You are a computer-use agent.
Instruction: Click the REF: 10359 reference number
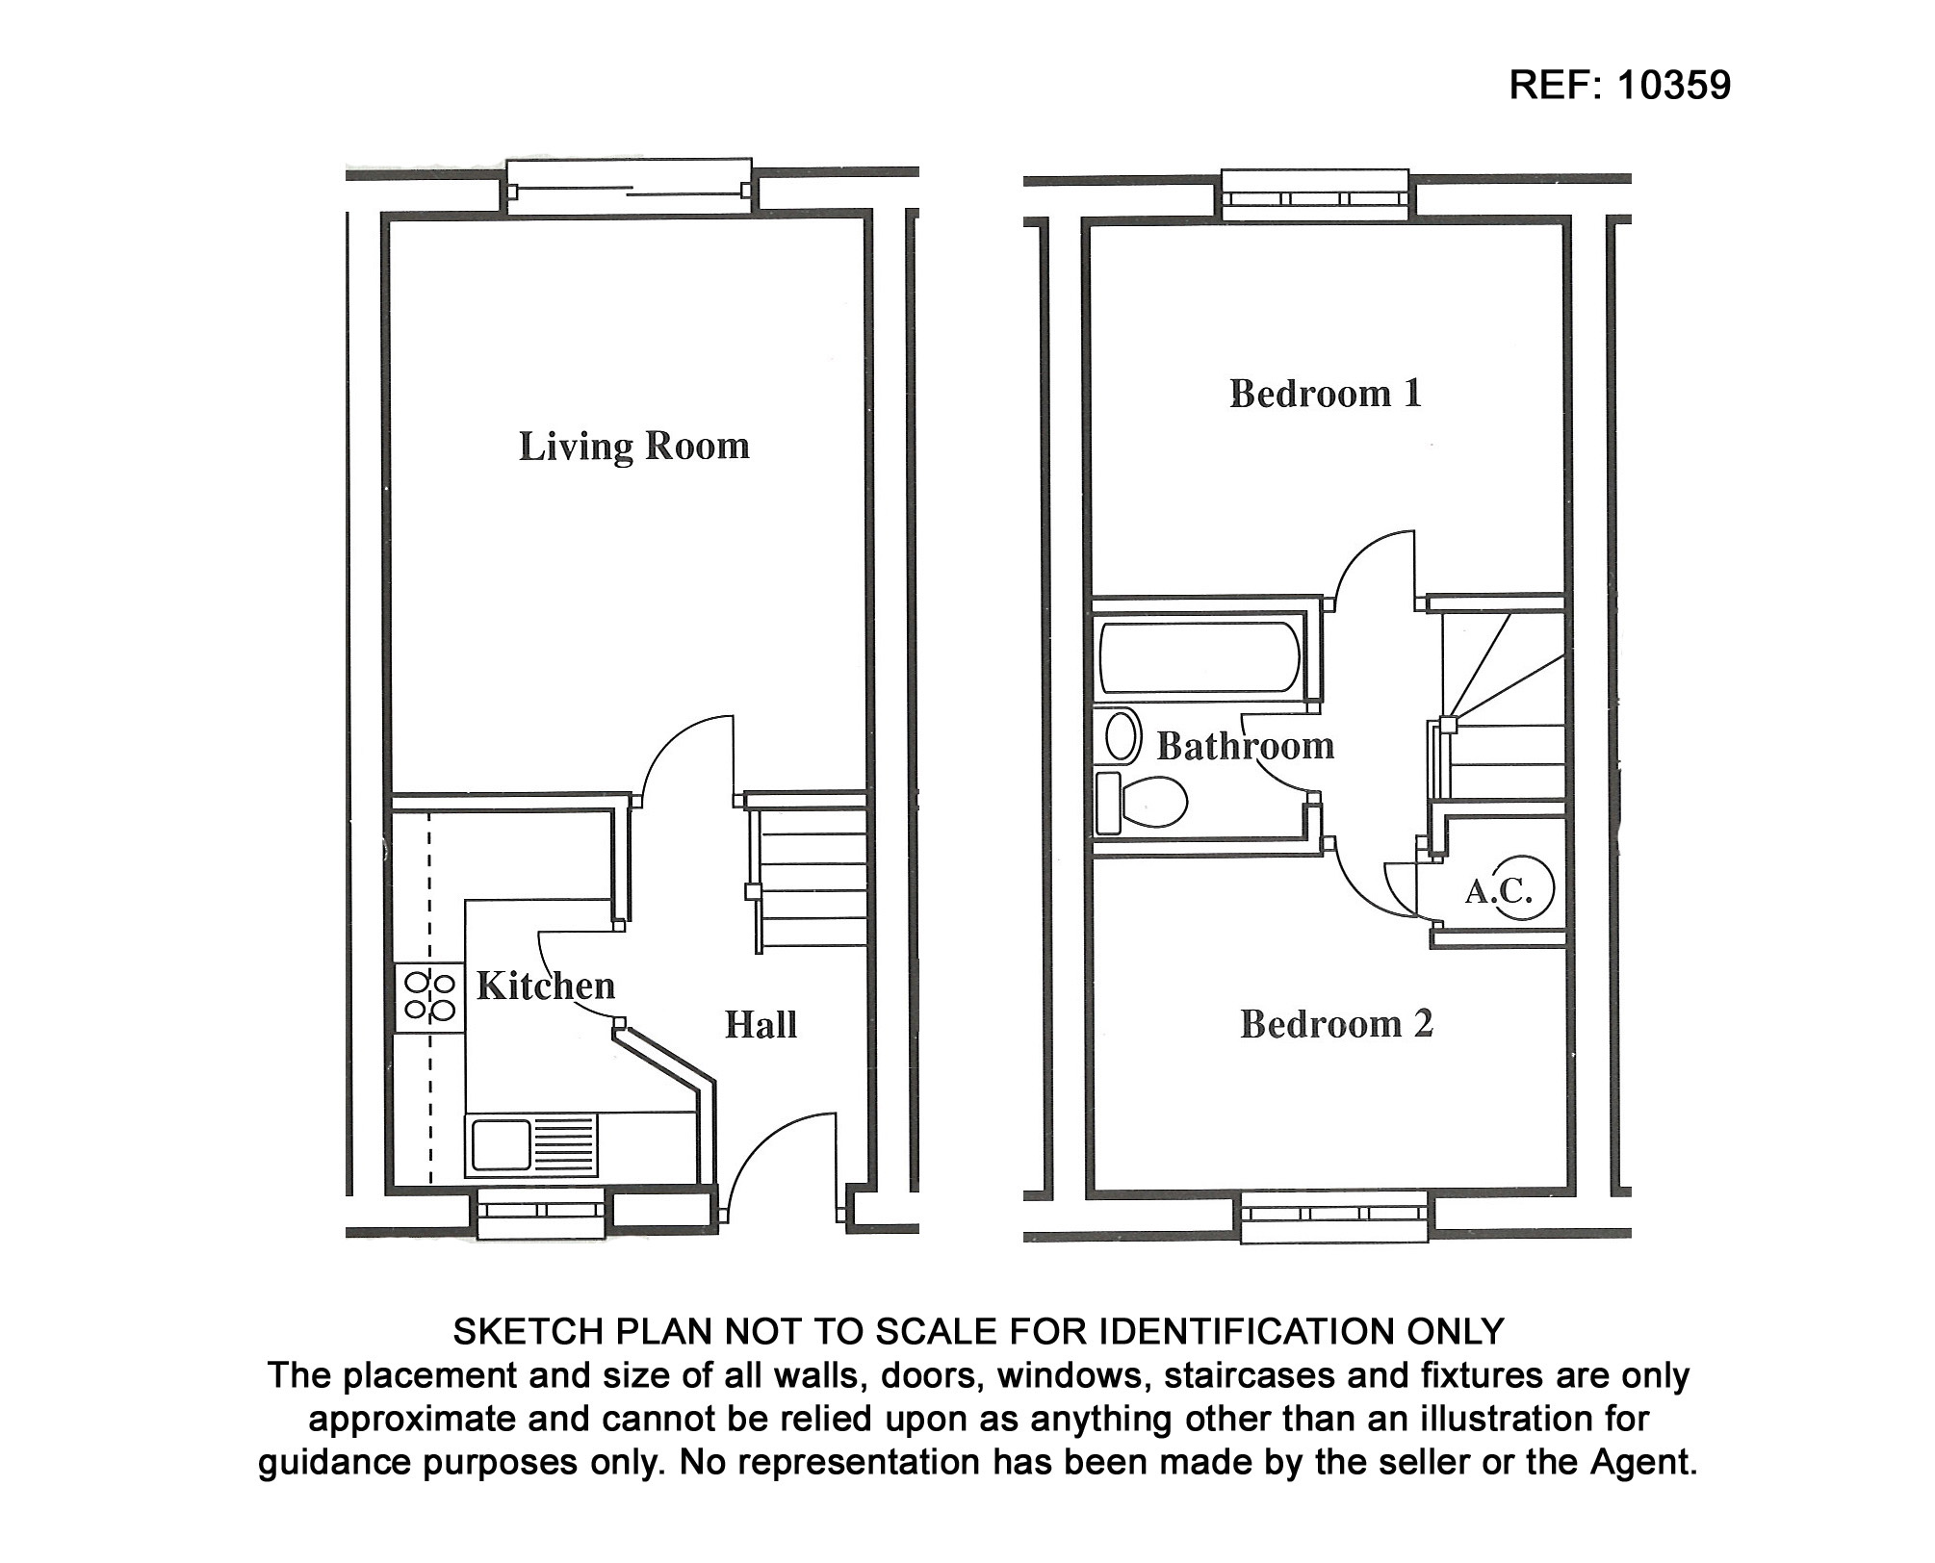1619,85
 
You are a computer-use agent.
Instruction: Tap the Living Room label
633,447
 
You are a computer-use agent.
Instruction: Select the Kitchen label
545,986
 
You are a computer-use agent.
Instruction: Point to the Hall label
761,1025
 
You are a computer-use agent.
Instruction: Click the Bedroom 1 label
1325,394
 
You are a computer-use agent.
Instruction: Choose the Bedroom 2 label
1336,1024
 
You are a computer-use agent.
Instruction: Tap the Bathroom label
1245,746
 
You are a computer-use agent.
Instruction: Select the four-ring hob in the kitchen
429,996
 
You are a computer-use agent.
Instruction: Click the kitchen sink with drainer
530,1144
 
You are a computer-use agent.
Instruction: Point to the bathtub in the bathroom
1199,658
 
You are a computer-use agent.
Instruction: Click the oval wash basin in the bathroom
1120,737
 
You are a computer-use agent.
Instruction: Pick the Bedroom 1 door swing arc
1372,568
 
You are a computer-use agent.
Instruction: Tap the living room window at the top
628,187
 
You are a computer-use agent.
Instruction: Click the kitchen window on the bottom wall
542,1213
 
